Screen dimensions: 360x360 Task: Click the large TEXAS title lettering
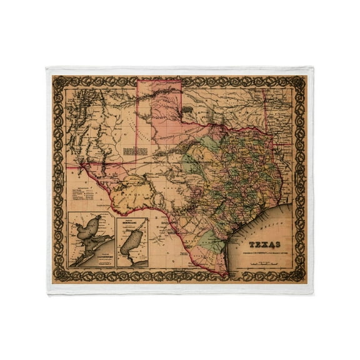point(265,244)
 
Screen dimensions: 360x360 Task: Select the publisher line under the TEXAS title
point(264,253)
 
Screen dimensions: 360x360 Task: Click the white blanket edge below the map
point(180,289)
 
